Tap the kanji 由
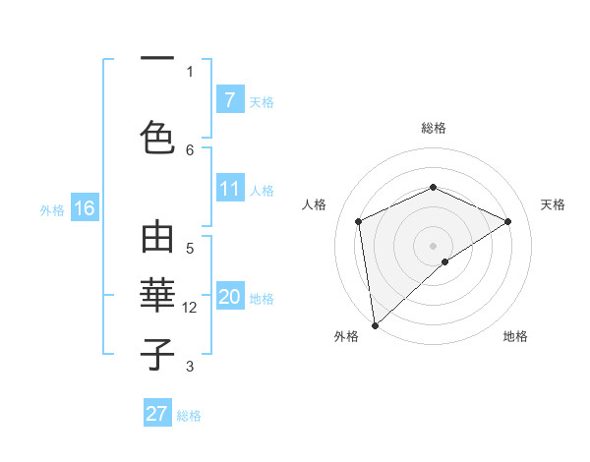157,239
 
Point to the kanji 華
157,293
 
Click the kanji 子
157,355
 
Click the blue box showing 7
229,100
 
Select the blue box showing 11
229,190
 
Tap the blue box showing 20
229,298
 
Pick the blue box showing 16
84,208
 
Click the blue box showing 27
157,414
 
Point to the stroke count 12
191,308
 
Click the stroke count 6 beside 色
190,149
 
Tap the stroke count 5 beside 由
190,249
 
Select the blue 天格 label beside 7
262,101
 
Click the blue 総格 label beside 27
190,415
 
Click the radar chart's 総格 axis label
433,128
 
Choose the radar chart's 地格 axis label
515,336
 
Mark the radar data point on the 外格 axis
374,324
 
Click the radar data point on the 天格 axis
508,221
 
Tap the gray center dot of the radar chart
433,245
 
